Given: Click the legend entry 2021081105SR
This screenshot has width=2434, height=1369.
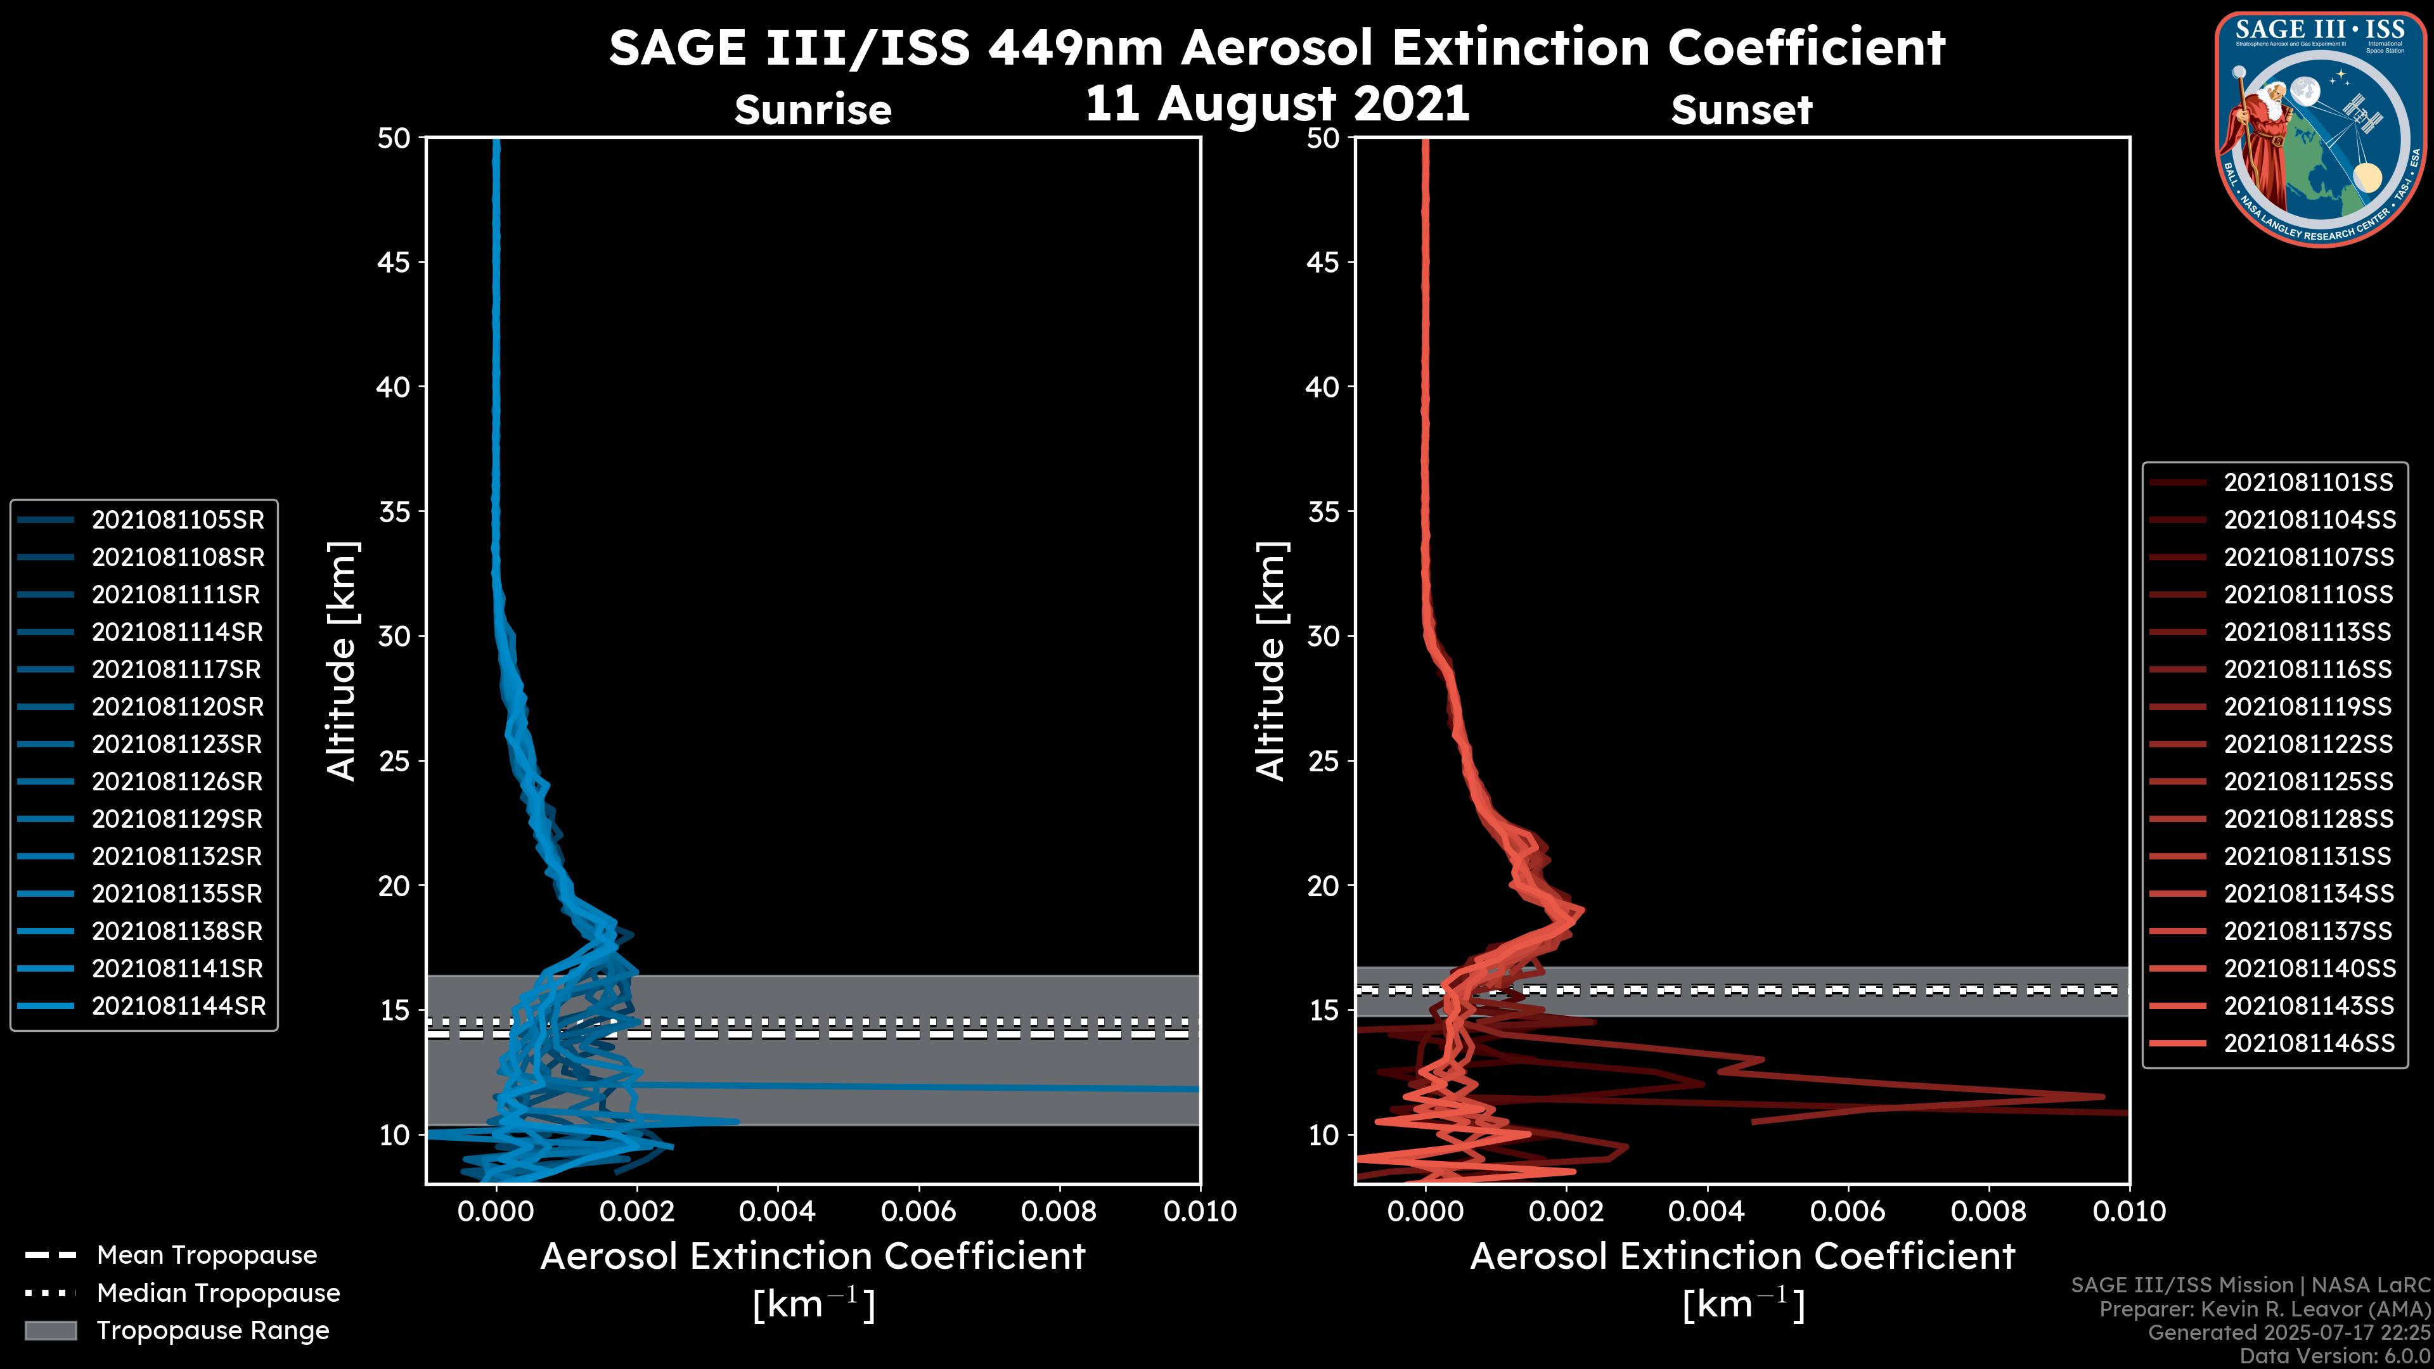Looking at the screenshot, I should click(x=177, y=520).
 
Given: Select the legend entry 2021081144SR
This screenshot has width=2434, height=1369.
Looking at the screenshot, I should click(x=177, y=1006).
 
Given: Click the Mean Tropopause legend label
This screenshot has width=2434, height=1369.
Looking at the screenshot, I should click(x=207, y=1255).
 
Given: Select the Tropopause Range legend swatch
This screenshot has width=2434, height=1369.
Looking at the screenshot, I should click(x=51, y=1330).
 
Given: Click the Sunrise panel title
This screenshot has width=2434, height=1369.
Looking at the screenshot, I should click(x=813, y=110).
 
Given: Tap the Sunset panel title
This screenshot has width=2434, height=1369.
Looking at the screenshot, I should click(x=1741, y=110).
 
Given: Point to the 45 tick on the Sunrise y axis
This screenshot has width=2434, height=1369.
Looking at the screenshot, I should click(x=394, y=262).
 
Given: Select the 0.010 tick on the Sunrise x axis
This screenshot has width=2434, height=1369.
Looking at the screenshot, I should click(x=1199, y=1211).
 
